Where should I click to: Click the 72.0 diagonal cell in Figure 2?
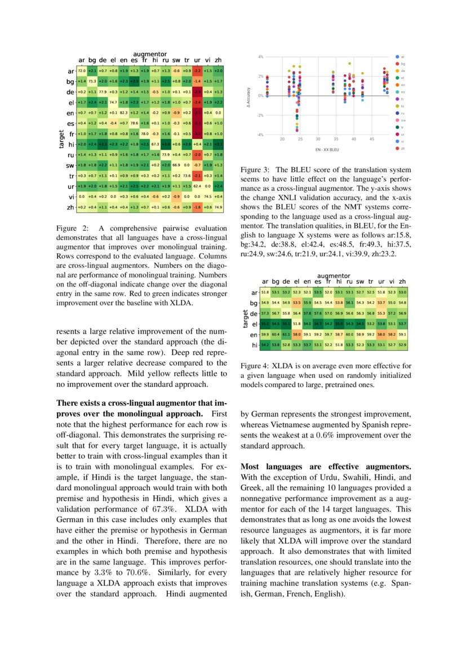click(81, 71)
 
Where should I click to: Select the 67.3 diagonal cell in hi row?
click(155, 145)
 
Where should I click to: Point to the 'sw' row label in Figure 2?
click(70, 165)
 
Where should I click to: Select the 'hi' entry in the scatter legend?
click(403, 106)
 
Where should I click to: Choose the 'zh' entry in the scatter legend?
click(403, 148)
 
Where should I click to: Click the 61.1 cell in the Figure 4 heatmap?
click(286, 335)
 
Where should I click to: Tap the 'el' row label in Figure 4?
click(254, 324)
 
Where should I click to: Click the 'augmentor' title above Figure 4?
click(334, 276)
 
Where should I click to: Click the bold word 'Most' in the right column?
click(251, 467)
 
